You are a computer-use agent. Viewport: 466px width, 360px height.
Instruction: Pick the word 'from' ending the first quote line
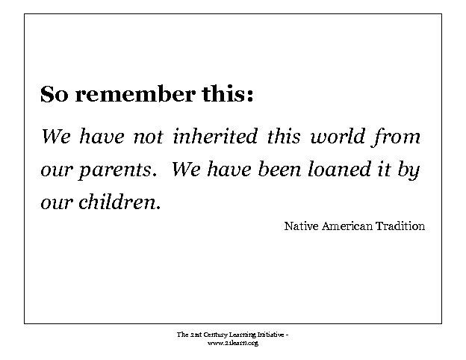[x=397, y=137]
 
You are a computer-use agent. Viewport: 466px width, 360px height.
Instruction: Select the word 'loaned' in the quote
[x=336, y=170]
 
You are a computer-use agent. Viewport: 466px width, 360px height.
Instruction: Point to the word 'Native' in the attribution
[x=301, y=226]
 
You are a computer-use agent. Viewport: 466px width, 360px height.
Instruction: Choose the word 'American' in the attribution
[x=347, y=226]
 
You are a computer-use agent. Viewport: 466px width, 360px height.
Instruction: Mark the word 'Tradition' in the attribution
[x=400, y=226]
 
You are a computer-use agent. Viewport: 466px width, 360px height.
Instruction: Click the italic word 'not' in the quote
[x=148, y=137]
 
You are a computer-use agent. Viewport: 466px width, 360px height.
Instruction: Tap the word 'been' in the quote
[x=279, y=170]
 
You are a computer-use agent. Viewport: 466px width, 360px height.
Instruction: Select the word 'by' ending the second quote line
[x=408, y=170]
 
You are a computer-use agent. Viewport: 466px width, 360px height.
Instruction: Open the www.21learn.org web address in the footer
[x=232, y=343]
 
